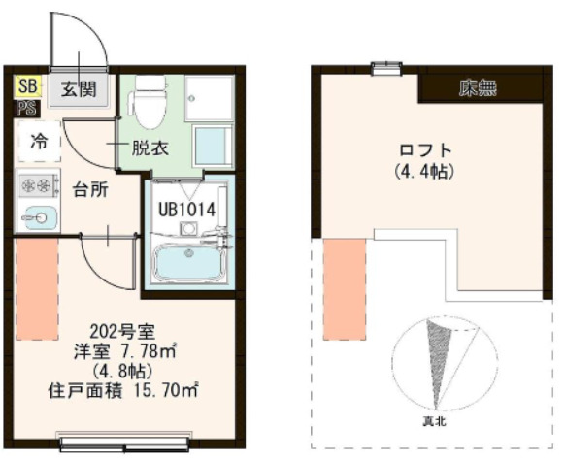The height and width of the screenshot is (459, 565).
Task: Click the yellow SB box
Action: point(26,87)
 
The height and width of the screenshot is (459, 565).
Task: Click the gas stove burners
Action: point(38,182)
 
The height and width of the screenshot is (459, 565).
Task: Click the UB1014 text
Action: point(186,207)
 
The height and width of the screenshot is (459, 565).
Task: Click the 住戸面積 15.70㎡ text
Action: point(123,391)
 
